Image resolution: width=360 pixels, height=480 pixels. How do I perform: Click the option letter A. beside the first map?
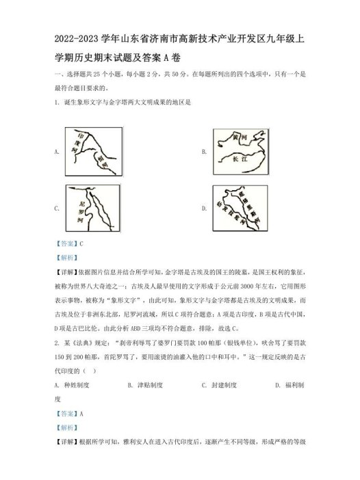(x=55, y=151)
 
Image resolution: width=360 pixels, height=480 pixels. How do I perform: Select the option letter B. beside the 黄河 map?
(x=204, y=151)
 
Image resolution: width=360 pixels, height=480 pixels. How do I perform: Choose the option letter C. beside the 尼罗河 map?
(x=55, y=209)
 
